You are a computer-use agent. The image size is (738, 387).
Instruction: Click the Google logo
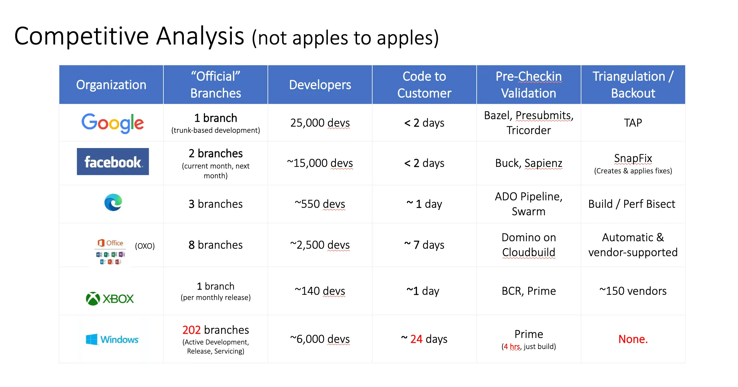[112, 123]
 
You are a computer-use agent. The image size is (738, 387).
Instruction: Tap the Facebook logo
[113, 162]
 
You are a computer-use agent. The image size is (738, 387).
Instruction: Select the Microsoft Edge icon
[113, 202]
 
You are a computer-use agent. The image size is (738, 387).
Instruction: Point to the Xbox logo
[110, 298]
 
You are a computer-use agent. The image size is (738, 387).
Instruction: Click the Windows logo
[112, 339]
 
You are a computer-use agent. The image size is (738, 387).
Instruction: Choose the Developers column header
[320, 85]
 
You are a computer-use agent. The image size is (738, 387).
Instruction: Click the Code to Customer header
[424, 85]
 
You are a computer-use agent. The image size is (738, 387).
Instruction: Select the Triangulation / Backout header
[633, 85]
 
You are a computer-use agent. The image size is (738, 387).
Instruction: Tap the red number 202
[192, 330]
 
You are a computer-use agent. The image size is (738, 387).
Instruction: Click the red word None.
[633, 339]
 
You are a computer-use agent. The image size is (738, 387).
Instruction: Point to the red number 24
[416, 339]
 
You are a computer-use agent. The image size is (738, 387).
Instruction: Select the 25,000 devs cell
[320, 123]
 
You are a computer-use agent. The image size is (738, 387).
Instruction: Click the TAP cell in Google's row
[633, 123]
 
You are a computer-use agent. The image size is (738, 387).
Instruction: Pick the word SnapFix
[633, 158]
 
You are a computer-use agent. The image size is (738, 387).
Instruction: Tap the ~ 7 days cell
[424, 245]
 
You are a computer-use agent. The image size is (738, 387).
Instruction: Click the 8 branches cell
[216, 245]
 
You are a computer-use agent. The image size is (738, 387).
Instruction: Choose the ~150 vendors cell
[633, 291]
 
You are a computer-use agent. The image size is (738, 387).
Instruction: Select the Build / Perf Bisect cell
[632, 204]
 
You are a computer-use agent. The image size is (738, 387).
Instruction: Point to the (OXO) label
[145, 246]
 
